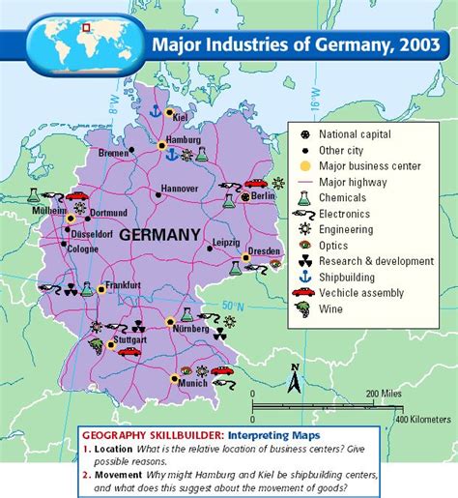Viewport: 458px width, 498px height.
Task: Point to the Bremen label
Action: click(115, 153)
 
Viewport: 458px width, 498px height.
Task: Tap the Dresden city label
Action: click(263, 250)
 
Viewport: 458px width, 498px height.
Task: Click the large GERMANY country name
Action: click(159, 234)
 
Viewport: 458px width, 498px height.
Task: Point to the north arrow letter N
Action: click(295, 366)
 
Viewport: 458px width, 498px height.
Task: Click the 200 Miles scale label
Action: click(384, 394)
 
